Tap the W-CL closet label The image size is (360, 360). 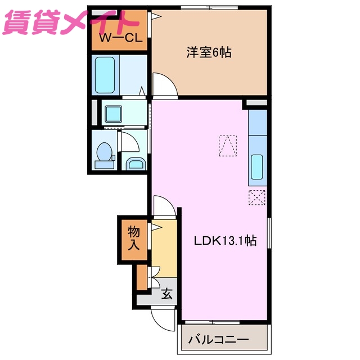(120, 38)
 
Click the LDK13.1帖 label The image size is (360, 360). (225, 241)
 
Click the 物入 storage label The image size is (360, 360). (134, 238)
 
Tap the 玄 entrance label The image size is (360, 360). (167, 294)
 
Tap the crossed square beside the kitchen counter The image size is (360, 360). (256, 197)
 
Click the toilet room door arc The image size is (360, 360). (128, 142)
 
